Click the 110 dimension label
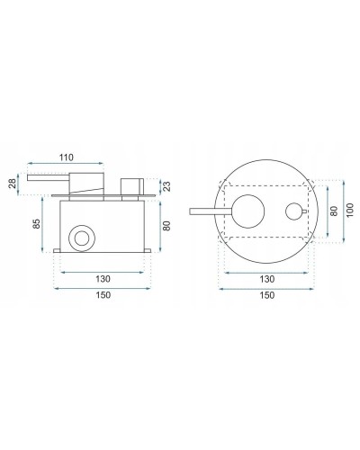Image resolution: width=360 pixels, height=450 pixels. pyautogui.click(x=67, y=157)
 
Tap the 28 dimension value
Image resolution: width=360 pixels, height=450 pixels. pyautogui.click(x=13, y=184)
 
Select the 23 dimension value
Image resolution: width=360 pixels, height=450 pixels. pyautogui.click(x=167, y=186)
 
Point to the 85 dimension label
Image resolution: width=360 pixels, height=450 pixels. pyautogui.click(x=36, y=224)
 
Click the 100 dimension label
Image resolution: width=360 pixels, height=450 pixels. pyautogui.click(x=350, y=210)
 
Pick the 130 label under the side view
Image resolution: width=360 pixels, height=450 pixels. pyautogui.click(x=103, y=279)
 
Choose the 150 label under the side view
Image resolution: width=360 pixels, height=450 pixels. pyautogui.click(x=103, y=295)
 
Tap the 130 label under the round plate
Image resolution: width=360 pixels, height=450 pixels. pyautogui.click(x=266, y=279)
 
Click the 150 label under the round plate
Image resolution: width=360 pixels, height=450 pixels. pyautogui.click(x=266, y=295)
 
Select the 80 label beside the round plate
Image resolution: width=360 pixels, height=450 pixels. pyautogui.click(x=334, y=211)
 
